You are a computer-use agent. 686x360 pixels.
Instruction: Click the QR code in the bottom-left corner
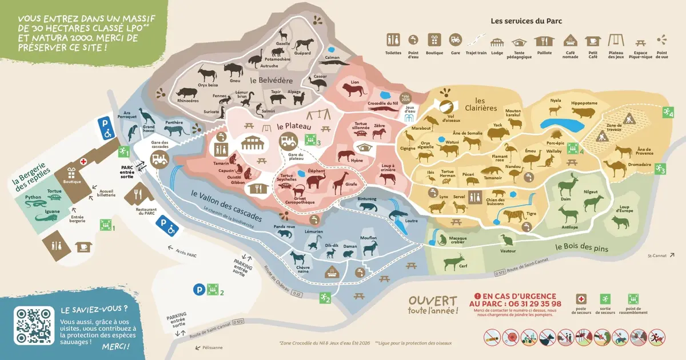[x=33, y=326]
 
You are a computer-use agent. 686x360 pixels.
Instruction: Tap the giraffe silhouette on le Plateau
[x=338, y=181]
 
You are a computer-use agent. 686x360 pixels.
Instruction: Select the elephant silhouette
[x=316, y=181]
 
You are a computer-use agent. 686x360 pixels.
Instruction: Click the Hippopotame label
[x=584, y=103]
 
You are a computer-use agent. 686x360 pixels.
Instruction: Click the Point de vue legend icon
[x=662, y=39]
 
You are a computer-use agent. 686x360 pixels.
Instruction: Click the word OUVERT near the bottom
[x=432, y=301]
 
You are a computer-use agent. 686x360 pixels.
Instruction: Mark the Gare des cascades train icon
[x=161, y=159]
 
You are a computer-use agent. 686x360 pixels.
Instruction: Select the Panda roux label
[x=284, y=227]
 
